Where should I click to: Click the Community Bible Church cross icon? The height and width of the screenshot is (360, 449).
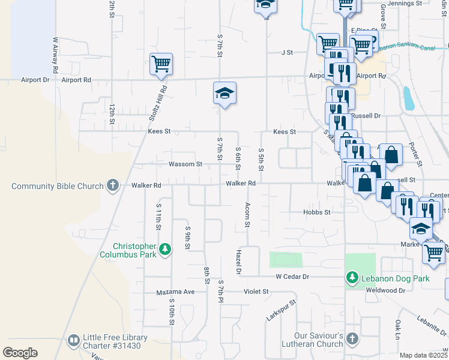(x=113, y=185)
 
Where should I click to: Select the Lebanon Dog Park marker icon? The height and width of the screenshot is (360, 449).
(x=352, y=278)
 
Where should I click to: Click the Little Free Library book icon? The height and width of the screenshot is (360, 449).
(x=74, y=341)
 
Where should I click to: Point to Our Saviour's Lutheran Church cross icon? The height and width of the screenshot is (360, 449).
(x=352, y=340)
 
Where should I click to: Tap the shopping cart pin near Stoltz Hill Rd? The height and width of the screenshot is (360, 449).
(x=161, y=63)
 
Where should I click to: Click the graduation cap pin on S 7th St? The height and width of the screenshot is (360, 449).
(x=224, y=93)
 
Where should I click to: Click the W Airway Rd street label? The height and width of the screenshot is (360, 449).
(x=55, y=56)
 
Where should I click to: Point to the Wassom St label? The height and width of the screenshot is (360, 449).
(x=185, y=164)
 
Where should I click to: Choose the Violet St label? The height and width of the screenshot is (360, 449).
(x=257, y=292)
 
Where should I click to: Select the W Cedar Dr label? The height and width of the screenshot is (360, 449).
(x=292, y=277)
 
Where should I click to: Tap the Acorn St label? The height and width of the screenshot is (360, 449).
(x=247, y=215)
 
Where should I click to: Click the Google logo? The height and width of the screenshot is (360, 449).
(x=20, y=353)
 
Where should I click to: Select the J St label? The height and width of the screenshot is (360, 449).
(x=286, y=52)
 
